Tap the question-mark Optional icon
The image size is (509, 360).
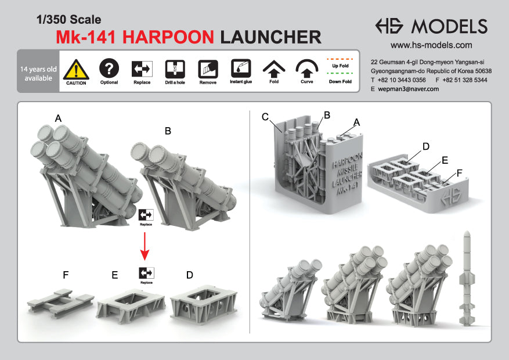[x=109, y=68]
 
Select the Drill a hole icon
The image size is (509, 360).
[x=175, y=69]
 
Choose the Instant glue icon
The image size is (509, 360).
[x=241, y=68]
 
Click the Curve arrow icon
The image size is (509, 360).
[x=307, y=68]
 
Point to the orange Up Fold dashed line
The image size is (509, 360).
[x=340, y=59]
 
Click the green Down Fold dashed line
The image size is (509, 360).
[x=340, y=74]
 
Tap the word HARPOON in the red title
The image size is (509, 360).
[x=168, y=37]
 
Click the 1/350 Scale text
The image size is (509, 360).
[x=69, y=20]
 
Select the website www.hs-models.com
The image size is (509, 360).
[x=431, y=45]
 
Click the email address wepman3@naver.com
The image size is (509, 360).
[x=409, y=89]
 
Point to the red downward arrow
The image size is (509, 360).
[x=145, y=246]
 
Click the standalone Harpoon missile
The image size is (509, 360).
[x=467, y=278]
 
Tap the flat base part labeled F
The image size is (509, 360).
[x=60, y=303]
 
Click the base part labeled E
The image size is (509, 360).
[x=131, y=305]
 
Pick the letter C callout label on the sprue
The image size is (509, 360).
[x=265, y=117]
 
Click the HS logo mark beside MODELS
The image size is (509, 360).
[x=389, y=26]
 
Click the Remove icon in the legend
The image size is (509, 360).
[x=208, y=69]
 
